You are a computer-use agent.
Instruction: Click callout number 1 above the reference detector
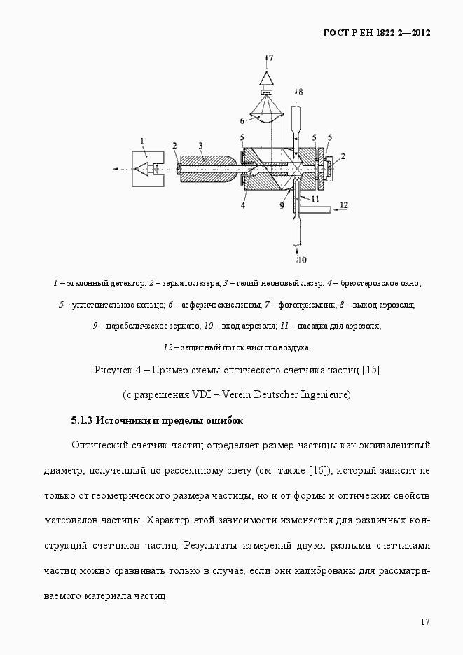click(143, 140)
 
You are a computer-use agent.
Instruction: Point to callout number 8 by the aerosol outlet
click(300, 92)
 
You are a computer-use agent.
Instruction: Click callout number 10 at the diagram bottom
click(302, 260)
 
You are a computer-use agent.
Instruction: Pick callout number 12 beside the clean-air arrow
click(343, 205)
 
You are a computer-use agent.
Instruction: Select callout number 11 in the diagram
click(315, 199)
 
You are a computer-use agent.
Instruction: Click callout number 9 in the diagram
click(282, 206)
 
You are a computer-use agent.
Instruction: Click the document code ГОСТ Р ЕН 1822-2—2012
click(376, 33)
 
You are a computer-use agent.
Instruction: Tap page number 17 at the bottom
click(424, 621)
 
